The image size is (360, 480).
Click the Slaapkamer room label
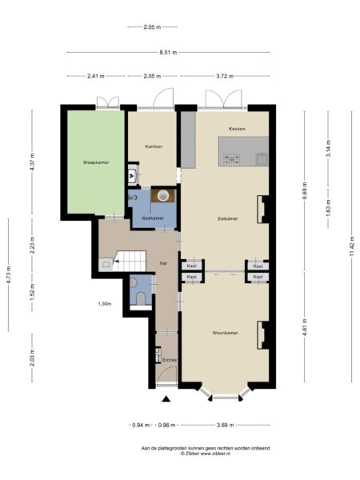tap(96, 162)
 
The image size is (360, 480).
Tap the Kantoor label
tap(154, 146)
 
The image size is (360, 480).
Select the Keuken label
tap(237, 129)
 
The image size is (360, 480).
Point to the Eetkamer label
tap(228, 219)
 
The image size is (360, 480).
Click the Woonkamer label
tap(225, 333)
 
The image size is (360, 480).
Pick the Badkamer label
tap(153, 218)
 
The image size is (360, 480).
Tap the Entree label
tap(170, 360)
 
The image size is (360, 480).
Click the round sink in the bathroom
tap(163, 195)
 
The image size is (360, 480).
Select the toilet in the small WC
tap(141, 298)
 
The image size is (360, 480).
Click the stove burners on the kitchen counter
tap(232, 159)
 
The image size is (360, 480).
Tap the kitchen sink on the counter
tap(262, 159)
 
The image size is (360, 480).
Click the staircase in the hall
tap(129, 261)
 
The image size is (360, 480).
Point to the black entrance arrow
tap(166, 398)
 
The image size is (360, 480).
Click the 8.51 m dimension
tap(168, 52)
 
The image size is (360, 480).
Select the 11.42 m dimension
tap(351, 246)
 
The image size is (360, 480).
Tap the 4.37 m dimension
tap(32, 162)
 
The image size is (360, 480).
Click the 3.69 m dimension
tap(226, 425)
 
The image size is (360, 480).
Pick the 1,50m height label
tap(105, 304)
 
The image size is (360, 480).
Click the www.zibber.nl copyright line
tap(206, 454)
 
